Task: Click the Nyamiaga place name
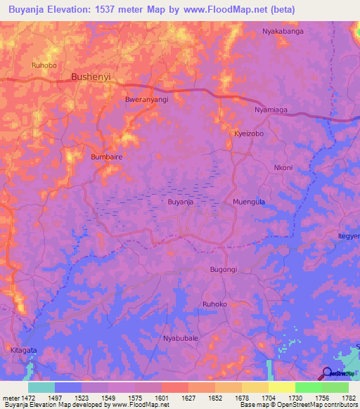click(271, 111)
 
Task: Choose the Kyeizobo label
click(249, 133)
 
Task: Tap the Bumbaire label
click(107, 157)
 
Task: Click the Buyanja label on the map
click(181, 202)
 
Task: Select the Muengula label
click(248, 202)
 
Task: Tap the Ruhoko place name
click(215, 304)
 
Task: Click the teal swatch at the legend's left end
click(41, 387)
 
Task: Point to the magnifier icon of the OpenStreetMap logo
click(326, 373)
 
